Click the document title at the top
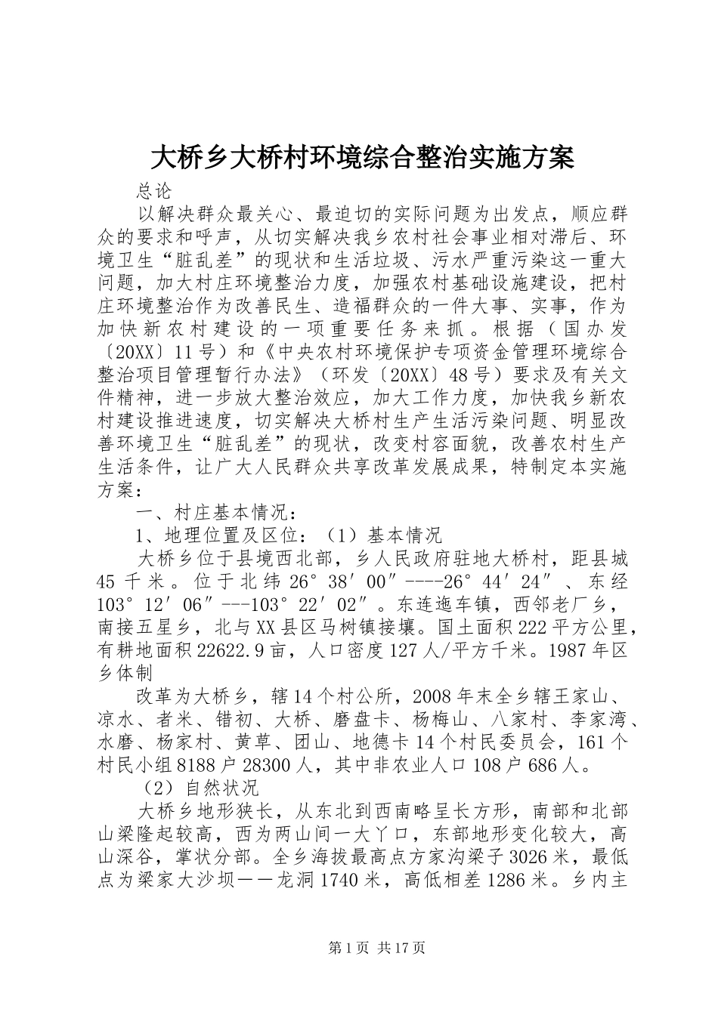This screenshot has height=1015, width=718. point(362,158)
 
